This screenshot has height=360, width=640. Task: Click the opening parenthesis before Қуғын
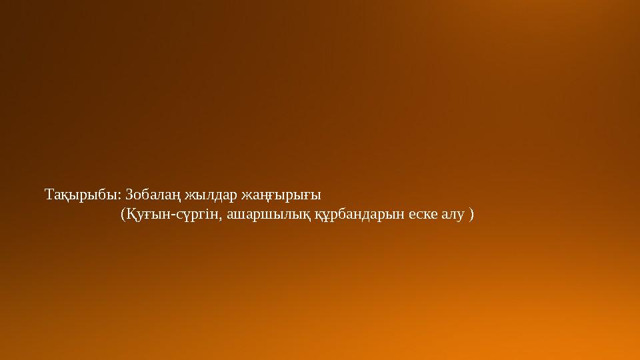(122, 215)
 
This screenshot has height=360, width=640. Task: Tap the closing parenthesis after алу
(472, 215)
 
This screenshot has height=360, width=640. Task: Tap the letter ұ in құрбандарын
(323, 217)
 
